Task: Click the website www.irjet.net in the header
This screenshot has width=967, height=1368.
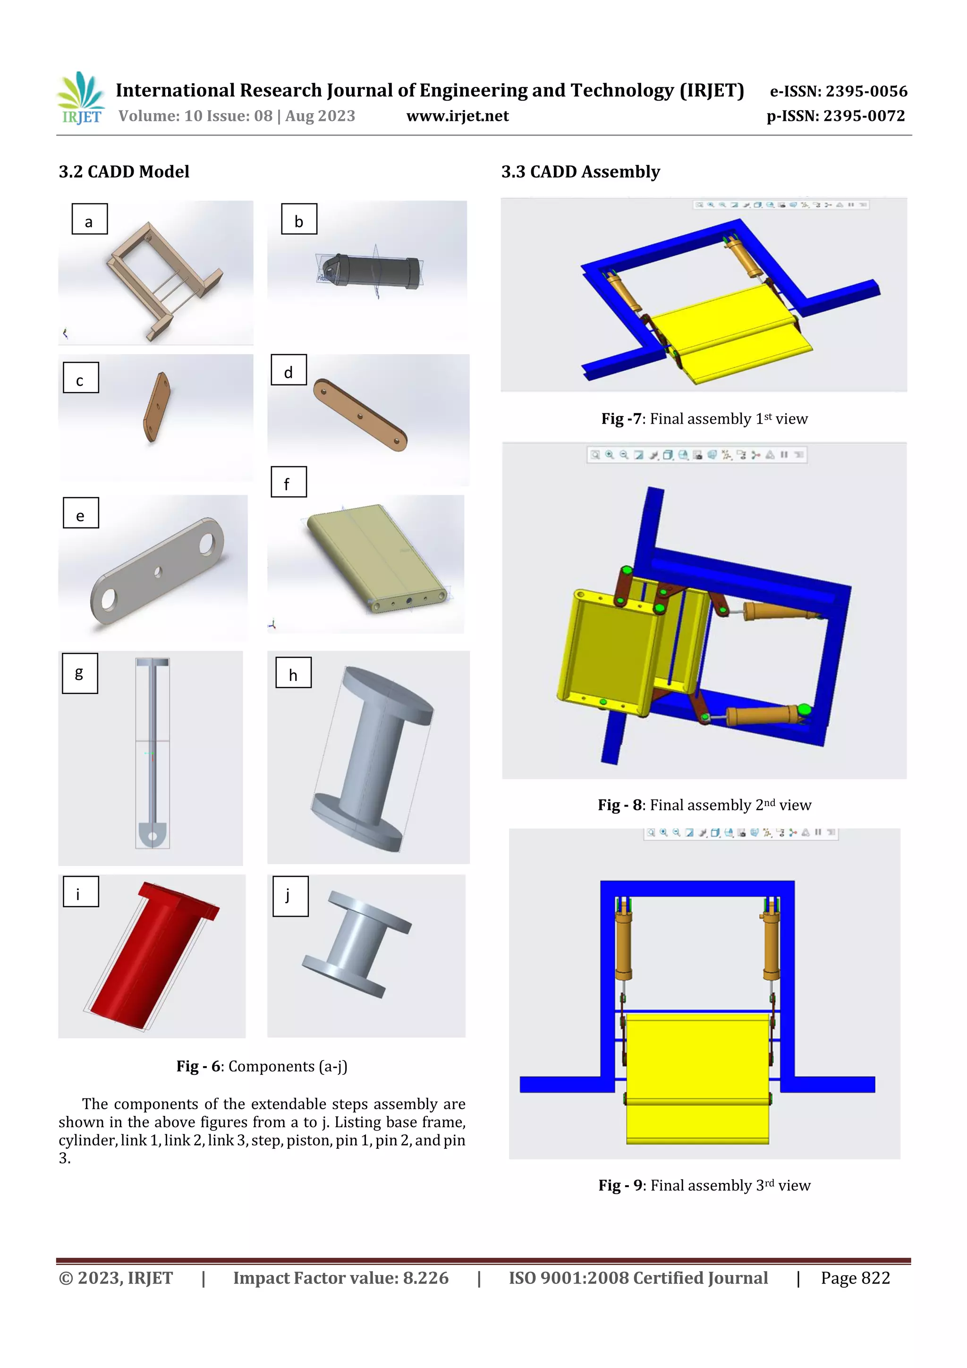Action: click(x=457, y=116)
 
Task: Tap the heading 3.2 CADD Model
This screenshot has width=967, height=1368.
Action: click(x=124, y=172)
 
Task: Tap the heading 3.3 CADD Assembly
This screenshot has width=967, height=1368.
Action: click(x=580, y=172)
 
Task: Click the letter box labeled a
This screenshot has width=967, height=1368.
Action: click(x=89, y=219)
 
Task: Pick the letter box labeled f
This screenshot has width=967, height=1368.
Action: click(x=288, y=482)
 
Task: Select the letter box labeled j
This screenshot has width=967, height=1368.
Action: click(x=290, y=895)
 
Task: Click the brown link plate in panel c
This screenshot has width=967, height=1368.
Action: click(x=157, y=408)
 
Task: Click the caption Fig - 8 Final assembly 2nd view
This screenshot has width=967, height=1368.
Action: click(x=704, y=805)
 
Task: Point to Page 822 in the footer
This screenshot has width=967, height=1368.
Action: click(x=855, y=1278)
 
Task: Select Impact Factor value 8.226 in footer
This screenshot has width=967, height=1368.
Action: click(x=340, y=1278)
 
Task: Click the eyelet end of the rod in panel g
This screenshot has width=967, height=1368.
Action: click(x=153, y=835)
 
